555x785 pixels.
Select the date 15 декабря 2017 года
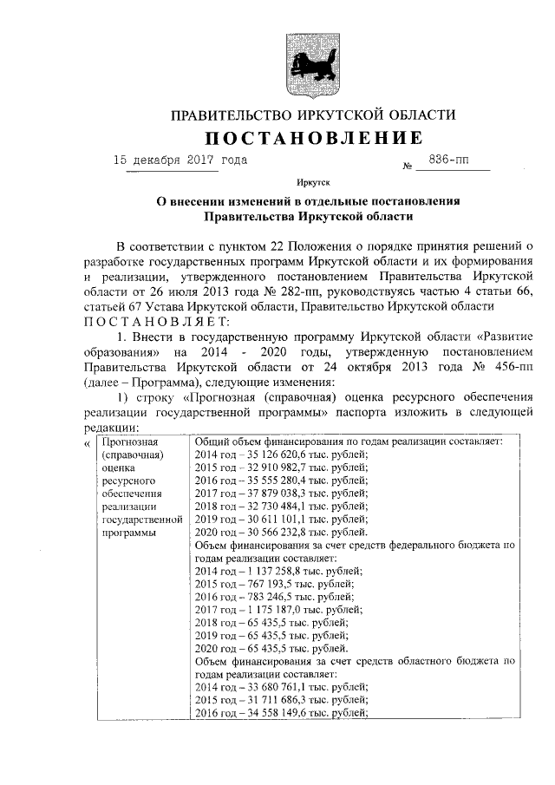[x=180, y=160]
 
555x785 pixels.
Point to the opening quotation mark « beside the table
[x=85, y=443]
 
